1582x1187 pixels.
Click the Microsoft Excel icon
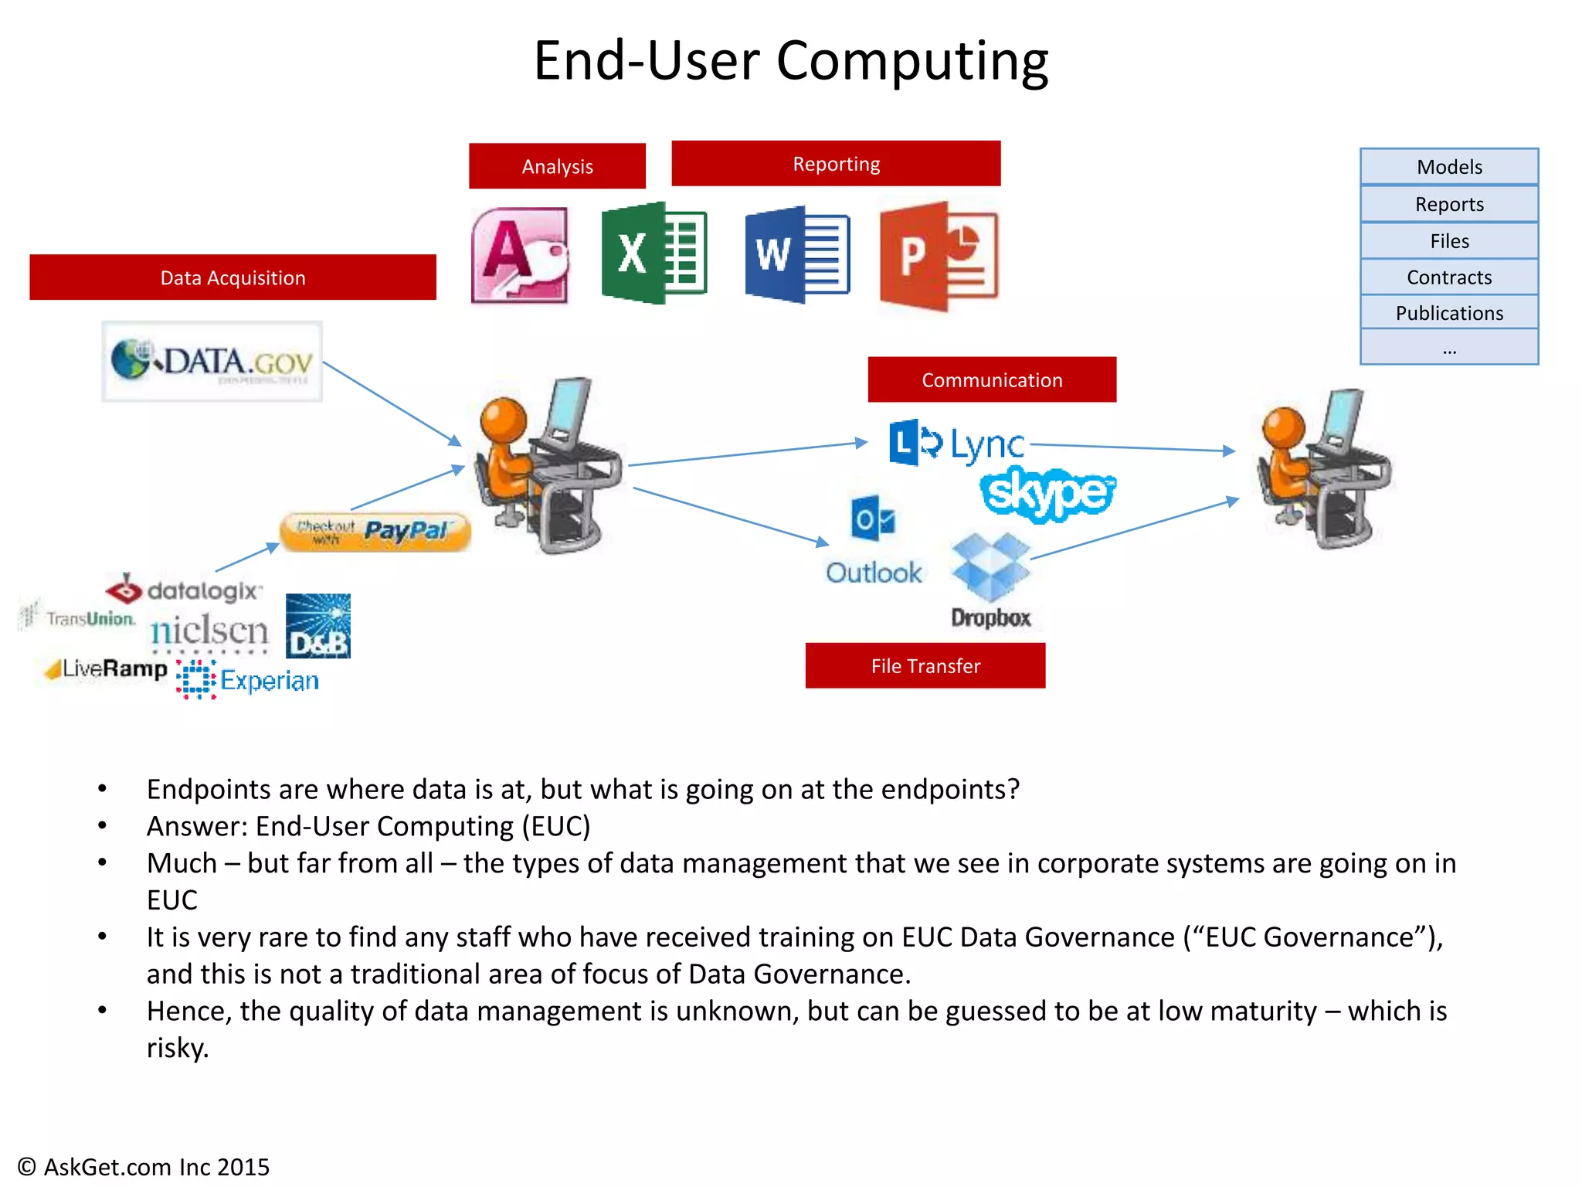654,253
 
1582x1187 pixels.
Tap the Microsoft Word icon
797,254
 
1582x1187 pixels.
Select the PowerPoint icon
939,256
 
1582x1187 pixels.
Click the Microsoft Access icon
520,255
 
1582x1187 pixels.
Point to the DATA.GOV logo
212,362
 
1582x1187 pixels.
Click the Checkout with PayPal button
375,532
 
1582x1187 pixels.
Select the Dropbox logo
991,580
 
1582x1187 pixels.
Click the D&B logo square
317,626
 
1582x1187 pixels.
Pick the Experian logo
248,680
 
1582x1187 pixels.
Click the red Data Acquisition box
233,277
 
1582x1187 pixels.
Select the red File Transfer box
925,665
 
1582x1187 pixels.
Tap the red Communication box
992,379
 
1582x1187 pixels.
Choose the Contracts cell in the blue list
1448,277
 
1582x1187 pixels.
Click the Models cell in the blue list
1448,167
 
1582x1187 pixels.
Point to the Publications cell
1448,313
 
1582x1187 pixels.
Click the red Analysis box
557,166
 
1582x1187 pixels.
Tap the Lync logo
957,444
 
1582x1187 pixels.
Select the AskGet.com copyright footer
144,1166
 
